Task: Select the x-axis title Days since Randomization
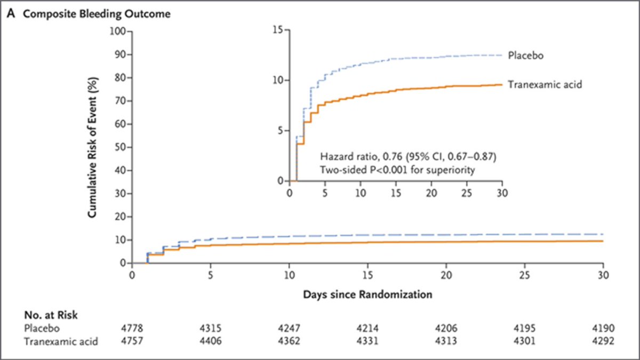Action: pyautogui.click(x=367, y=294)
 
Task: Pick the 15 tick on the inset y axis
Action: pyautogui.click(x=277, y=30)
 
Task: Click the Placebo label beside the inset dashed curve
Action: pyautogui.click(x=526, y=55)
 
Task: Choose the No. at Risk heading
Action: pyautogui.click(x=51, y=316)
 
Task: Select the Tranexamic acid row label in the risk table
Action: pyautogui.click(x=61, y=342)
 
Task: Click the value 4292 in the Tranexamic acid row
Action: pyautogui.click(x=603, y=342)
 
